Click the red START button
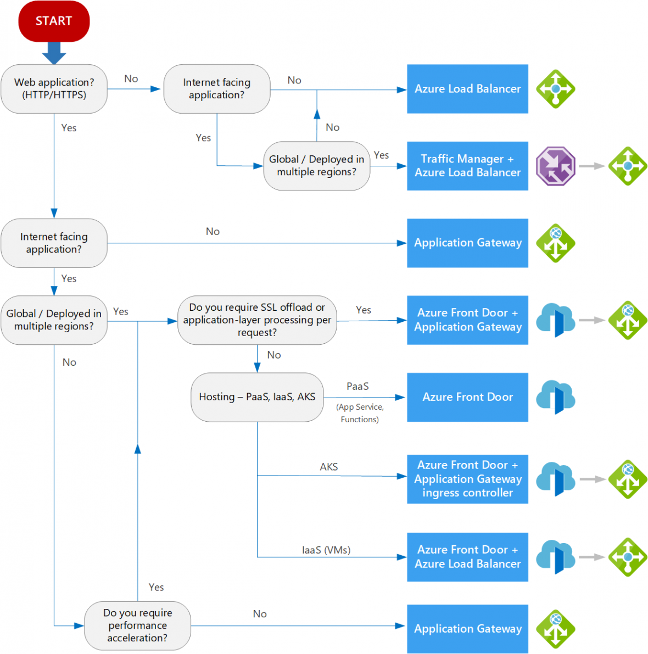pyautogui.click(x=54, y=21)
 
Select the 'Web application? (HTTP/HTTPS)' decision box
pyautogui.click(x=54, y=89)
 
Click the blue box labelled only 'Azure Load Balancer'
pyautogui.click(x=467, y=89)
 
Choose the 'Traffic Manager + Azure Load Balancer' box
pyautogui.click(x=467, y=166)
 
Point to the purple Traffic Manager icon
pyautogui.click(x=555, y=166)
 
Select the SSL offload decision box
pyautogui.click(x=257, y=320)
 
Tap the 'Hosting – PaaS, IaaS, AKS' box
pyautogui.click(x=257, y=397)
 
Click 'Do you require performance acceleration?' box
pyautogui.click(x=137, y=625)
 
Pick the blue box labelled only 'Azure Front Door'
pyautogui.click(x=467, y=397)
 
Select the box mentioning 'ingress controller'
pyautogui.click(x=467, y=479)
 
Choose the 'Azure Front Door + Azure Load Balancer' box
pyautogui.click(x=467, y=557)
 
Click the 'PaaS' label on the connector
pyautogui.click(x=357, y=387)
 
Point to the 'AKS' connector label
pyautogui.click(x=329, y=467)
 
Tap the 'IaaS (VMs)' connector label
pyautogui.click(x=326, y=550)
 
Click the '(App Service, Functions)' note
pyautogui.click(x=360, y=413)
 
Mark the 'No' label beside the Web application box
pyautogui.click(x=131, y=79)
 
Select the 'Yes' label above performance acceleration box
pyautogui.click(x=156, y=588)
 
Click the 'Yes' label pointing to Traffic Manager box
pyautogui.click(x=381, y=155)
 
